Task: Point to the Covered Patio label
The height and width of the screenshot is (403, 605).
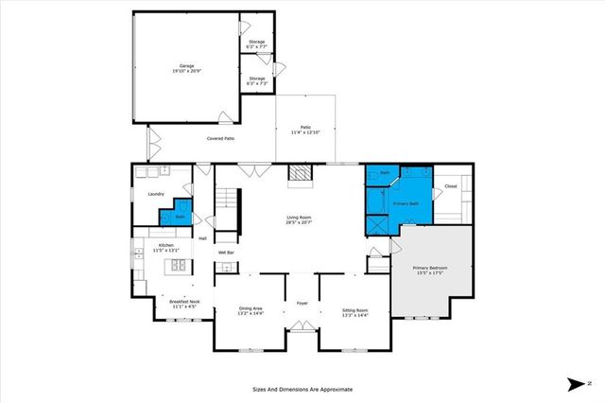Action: (x=221, y=139)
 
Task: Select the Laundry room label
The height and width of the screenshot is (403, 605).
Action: (x=156, y=194)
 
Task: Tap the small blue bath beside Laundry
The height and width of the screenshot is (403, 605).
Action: (x=181, y=214)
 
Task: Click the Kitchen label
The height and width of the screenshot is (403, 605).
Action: (x=165, y=244)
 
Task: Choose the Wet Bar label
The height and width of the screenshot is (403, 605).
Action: (x=226, y=253)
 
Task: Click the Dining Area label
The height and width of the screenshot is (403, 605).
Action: (x=251, y=309)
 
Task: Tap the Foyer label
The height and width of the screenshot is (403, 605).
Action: (x=302, y=304)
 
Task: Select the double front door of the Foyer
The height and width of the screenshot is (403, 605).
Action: (x=302, y=327)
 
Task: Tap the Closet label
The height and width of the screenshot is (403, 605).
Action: (x=451, y=186)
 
